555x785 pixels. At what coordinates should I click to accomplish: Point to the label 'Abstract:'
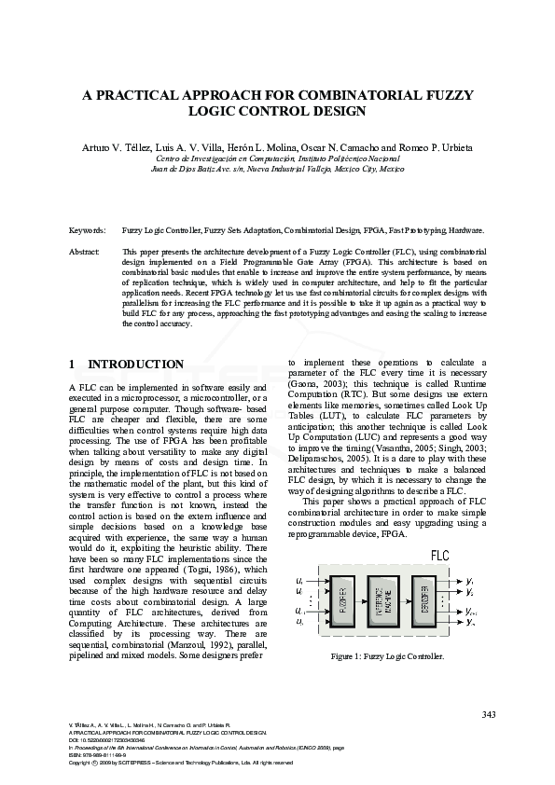(x=86, y=252)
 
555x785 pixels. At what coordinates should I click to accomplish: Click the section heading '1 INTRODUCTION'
(x=127, y=364)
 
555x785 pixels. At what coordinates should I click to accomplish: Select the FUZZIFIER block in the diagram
(x=341, y=598)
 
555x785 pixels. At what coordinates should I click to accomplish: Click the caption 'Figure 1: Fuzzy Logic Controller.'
(x=387, y=656)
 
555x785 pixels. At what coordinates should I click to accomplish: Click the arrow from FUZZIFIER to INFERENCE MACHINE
(x=363, y=598)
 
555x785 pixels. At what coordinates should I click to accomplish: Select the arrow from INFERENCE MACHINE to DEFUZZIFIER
(x=406, y=598)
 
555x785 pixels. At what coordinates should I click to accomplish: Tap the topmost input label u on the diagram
(x=299, y=579)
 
